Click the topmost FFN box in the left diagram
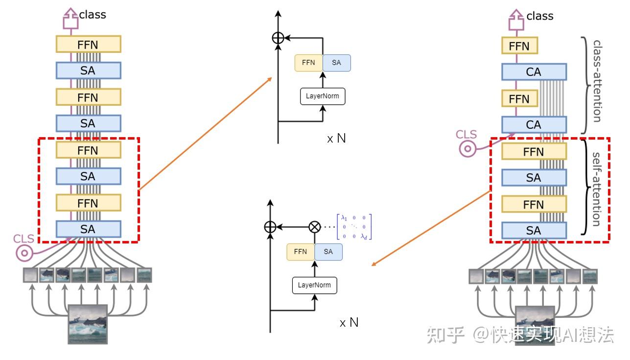pyautogui.click(x=88, y=45)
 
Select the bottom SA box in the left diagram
pyautogui.click(x=88, y=229)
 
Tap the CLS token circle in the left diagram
pyautogui.click(x=23, y=253)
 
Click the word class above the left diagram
pyautogui.click(x=93, y=15)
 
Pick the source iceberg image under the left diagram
pyautogui.click(x=88, y=324)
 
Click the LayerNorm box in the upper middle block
pyautogui.click(x=322, y=96)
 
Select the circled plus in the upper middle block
pyautogui.click(x=278, y=37)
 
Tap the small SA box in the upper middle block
pyautogui.click(x=336, y=63)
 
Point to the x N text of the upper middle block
pyautogui.click(x=336, y=139)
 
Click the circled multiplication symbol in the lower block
pyautogui.click(x=314, y=227)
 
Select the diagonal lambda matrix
pyautogui.click(x=353, y=227)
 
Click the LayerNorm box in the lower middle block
pyautogui.click(x=315, y=285)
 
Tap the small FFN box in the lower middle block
pyautogui.click(x=301, y=252)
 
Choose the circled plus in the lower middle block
pyautogui.click(x=270, y=227)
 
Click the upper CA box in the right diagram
pyautogui.click(x=534, y=72)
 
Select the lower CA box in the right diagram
pyautogui.click(x=534, y=125)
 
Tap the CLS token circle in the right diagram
pyautogui.click(x=468, y=148)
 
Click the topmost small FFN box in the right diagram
pyautogui.click(x=519, y=46)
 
